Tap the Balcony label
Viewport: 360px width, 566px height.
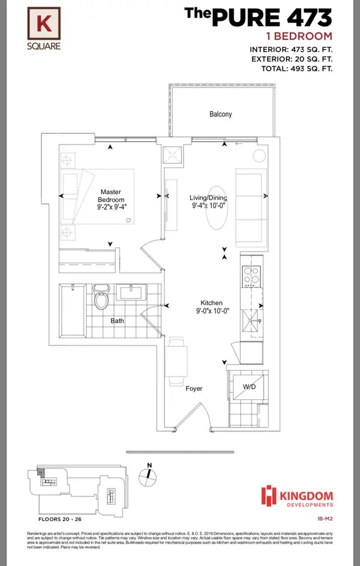[x=221, y=114]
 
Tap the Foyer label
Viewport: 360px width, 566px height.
[x=194, y=389]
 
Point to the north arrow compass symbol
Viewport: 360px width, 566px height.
[x=146, y=473]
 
